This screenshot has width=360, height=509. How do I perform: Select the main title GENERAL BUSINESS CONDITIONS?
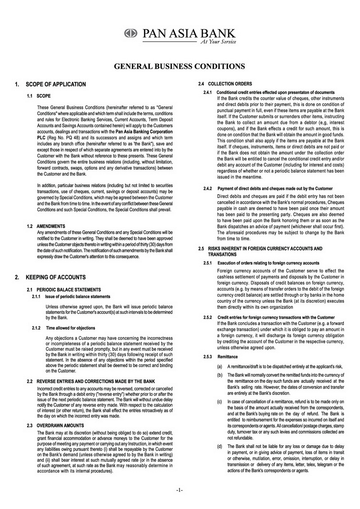point(180,66)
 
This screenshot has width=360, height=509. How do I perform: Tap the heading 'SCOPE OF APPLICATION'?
point(55,84)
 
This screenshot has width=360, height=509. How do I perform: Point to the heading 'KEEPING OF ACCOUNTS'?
point(55,277)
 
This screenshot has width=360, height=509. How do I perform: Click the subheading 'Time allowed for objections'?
point(70,328)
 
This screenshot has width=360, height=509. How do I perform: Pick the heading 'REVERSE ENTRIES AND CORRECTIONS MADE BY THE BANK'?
point(96,381)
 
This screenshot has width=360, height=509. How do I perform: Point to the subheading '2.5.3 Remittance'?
point(220,357)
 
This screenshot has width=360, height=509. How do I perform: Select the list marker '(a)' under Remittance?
point(219,366)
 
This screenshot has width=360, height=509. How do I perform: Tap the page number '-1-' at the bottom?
point(180,489)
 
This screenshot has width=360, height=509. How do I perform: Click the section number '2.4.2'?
point(208,188)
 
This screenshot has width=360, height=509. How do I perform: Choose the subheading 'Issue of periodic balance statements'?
point(77,296)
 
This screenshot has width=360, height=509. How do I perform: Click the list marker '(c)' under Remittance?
point(219,401)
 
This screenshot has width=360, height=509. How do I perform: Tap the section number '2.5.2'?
point(207,317)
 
